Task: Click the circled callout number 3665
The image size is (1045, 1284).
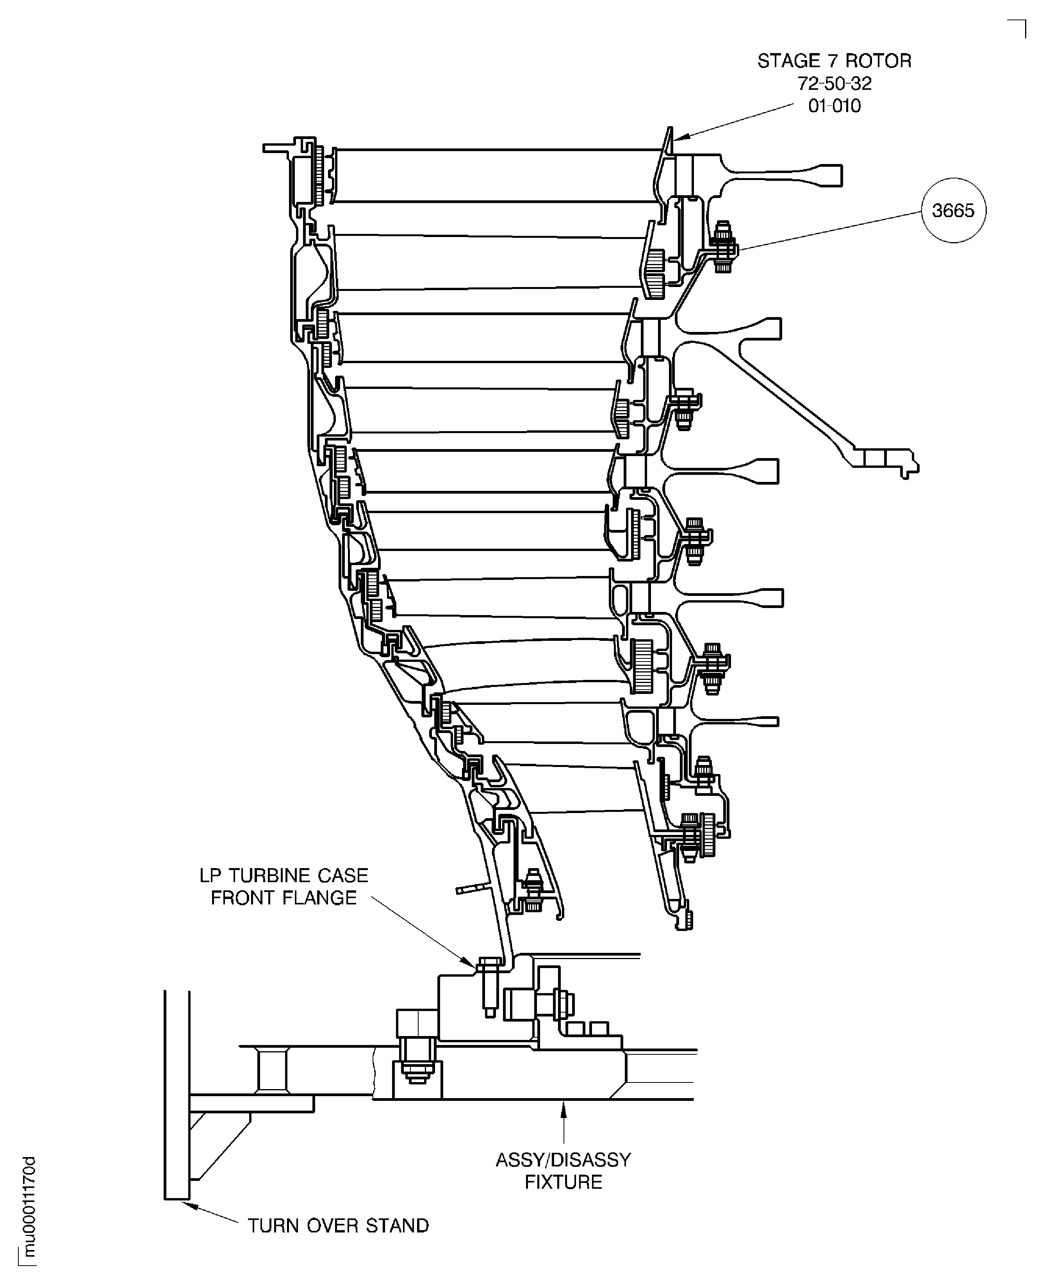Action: point(953,211)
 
